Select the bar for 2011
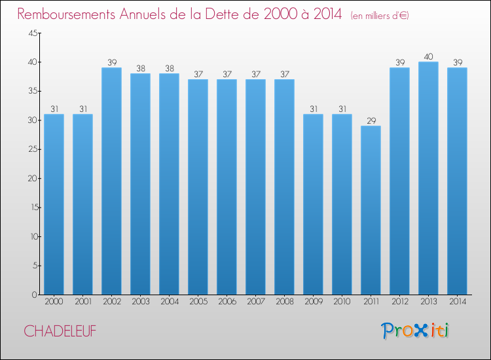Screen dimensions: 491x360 click(371, 210)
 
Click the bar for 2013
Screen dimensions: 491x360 click(428, 178)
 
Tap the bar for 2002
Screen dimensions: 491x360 click(111, 181)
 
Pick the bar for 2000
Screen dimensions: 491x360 click(54, 204)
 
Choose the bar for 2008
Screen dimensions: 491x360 click(284, 187)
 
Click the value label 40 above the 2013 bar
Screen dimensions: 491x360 click(428, 57)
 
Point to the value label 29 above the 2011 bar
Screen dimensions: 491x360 click(371, 121)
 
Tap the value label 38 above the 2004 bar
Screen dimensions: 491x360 click(170, 68)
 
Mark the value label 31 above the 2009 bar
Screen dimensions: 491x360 click(314, 109)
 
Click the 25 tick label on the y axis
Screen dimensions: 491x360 click(33, 149)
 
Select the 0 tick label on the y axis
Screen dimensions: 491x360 click(35, 295)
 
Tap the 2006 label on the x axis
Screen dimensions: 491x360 click(227, 302)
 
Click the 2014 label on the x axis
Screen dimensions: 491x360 click(458, 302)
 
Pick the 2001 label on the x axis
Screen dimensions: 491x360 click(83, 302)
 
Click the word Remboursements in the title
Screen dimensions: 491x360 click(66, 14)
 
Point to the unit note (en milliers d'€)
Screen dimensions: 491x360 click(380, 15)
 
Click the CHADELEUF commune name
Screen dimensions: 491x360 click(60, 331)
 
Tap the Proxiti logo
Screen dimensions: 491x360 click(415, 331)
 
